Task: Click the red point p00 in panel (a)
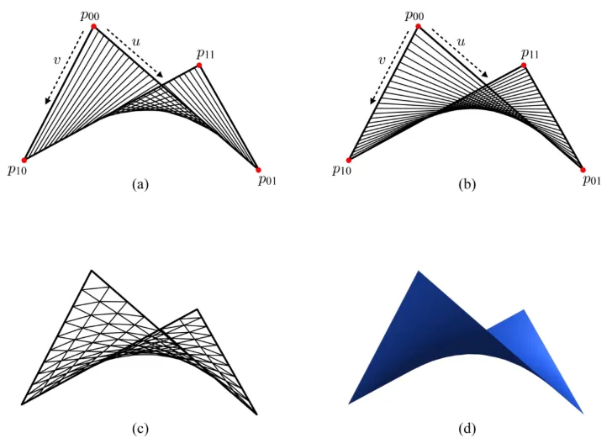pos(93,26)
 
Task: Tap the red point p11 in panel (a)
pos(199,65)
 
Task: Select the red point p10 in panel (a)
pos(25,159)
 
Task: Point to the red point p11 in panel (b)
pos(524,65)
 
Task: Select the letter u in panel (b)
pos(462,40)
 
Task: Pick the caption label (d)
pos(466,429)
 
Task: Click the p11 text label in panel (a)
pos(204,53)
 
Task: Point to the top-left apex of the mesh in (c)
pos(92,272)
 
